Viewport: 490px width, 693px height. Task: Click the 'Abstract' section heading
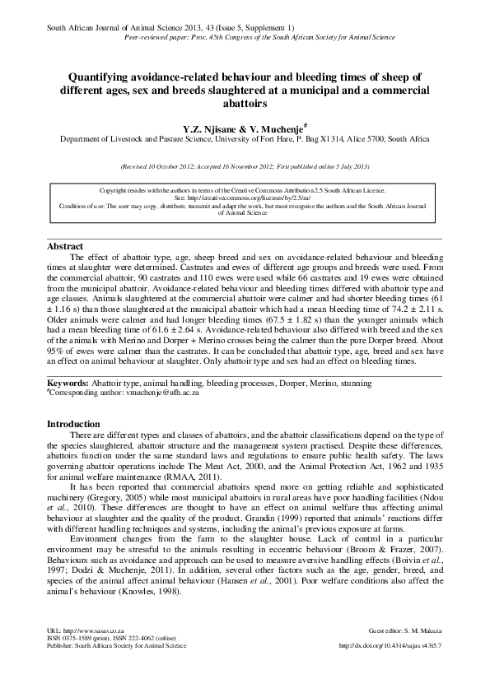(x=65, y=246)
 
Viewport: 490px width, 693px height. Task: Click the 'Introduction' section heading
(x=74, y=424)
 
